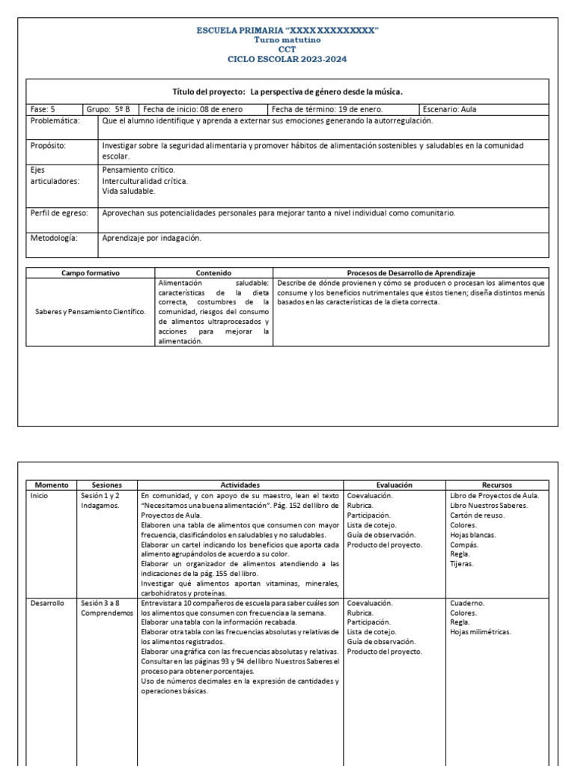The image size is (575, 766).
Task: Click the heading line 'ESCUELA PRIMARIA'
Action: [x=287, y=30]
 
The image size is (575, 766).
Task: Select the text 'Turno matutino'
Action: [x=287, y=40]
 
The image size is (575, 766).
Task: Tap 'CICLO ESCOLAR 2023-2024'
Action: [x=287, y=59]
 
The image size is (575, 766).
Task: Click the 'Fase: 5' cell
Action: [x=43, y=109]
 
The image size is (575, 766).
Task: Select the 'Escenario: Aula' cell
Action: [x=449, y=109]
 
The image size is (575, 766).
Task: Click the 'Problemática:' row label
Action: [x=55, y=121]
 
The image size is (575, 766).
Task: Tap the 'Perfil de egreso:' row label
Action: [x=59, y=213]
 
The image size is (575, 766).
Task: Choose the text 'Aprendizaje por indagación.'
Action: [x=152, y=239]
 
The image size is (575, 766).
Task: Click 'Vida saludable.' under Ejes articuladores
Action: [x=128, y=191]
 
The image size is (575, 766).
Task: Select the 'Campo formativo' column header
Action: [x=91, y=274]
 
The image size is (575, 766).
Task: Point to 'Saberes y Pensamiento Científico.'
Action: [x=91, y=311]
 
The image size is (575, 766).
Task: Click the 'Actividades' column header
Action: [x=240, y=485]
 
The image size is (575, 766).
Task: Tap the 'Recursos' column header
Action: [x=497, y=485]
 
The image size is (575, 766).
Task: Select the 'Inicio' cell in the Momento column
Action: [x=40, y=496]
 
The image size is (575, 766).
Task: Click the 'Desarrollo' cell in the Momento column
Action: [x=47, y=603]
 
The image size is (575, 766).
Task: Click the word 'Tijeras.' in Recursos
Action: [x=463, y=564]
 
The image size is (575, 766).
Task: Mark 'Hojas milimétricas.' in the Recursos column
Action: [x=481, y=632]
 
